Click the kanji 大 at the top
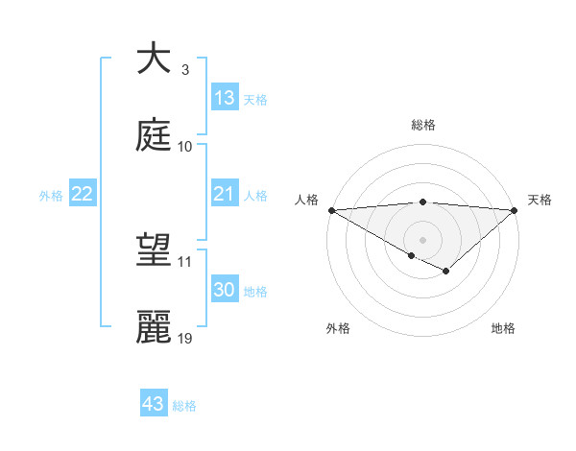(x=154, y=59)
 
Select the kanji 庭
(x=154, y=135)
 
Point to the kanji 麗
(x=154, y=327)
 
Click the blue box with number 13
(x=225, y=98)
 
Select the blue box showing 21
(x=225, y=194)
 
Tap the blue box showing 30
(x=225, y=290)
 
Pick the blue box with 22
(x=83, y=194)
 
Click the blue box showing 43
(x=154, y=404)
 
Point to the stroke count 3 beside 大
(x=185, y=70)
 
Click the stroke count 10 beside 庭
(x=185, y=147)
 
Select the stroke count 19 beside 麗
(x=185, y=339)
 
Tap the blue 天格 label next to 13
(x=255, y=99)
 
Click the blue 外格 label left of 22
(x=51, y=195)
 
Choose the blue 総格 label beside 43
(x=184, y=405)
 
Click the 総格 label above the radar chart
(x=423, y=126)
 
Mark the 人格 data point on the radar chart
(x=331, y=210)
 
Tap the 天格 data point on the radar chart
(x=515, y=210)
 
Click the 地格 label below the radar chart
(x=503, y=329)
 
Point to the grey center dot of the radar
(x=423, y=239)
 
